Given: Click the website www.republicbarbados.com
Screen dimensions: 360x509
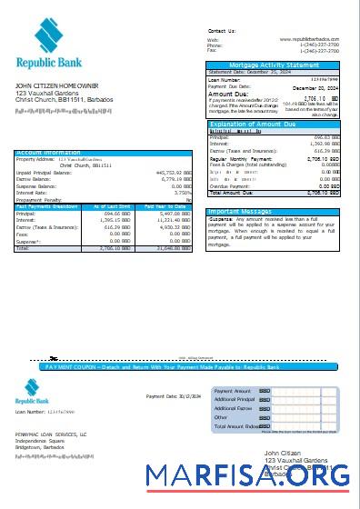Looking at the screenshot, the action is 315,40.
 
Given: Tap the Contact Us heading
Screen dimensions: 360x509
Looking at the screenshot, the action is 223,30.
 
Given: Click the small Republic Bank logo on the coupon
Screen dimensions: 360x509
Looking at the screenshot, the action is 31,392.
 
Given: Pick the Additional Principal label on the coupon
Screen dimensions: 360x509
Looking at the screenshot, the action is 235,400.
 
